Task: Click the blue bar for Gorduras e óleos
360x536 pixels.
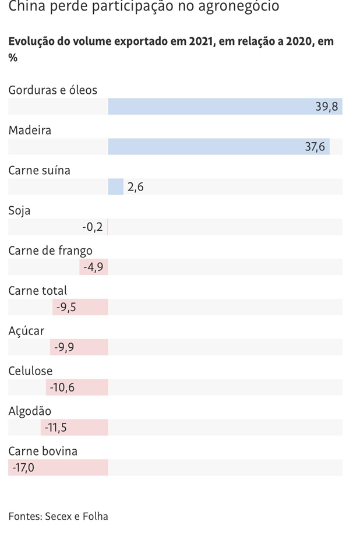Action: click(x=225, y=107)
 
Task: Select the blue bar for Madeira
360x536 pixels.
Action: click(x=218, y=147)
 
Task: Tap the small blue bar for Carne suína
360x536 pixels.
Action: click(x=116, y=187)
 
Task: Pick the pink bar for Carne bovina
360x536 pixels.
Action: click(x=58, y=467)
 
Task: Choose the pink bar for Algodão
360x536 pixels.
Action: click(x=75, y=428)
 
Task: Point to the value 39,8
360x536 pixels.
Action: click(x=327, y=107)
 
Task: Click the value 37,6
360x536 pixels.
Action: click(x=315, y=147)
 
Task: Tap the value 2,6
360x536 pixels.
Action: click(x=135, y=187)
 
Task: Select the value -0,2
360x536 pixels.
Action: click(x=92, y=227)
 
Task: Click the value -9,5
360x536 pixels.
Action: click(x=66, y=307)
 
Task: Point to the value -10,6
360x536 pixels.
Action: click(x=62, y=387)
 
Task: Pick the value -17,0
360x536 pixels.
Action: click(x=23, y=467)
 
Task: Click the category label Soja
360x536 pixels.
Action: click(x=19, y=210)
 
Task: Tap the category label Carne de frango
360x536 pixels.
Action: click(x=50, y=251)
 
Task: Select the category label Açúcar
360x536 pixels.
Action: click(x=26, y=331)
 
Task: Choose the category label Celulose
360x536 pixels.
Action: click(x=30, y=371)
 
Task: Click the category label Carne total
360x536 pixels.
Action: click(x=37, y=290)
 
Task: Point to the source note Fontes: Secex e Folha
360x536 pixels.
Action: click(x=58, y=516)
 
